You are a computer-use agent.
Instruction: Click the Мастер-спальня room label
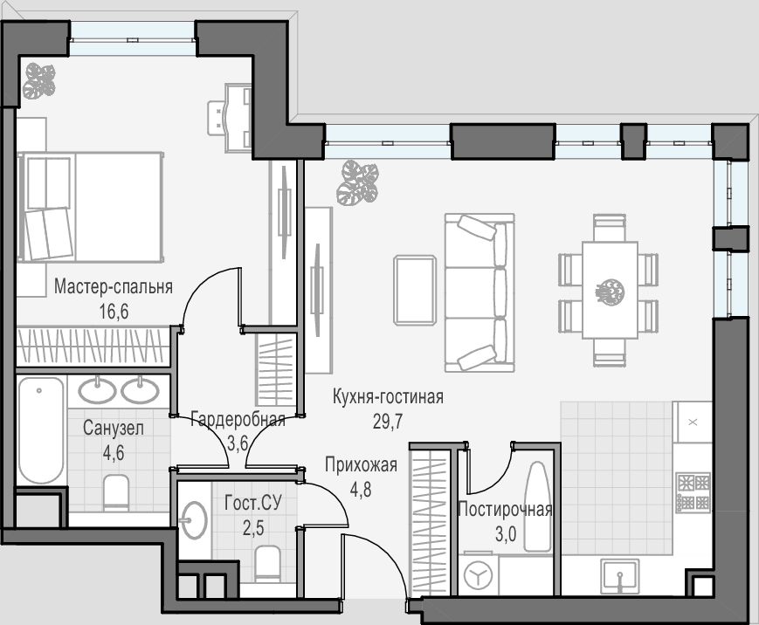(114, 286)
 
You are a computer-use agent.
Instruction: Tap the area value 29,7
(387, 422)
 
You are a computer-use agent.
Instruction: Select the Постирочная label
(505, 510)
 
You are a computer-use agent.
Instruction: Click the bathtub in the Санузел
(41, 430)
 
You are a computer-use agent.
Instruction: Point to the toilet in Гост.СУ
(267, 564)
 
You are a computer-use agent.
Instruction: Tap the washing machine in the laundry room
(479, 574)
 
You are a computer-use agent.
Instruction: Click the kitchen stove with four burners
(693, 493)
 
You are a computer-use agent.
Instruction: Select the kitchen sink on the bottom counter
(619, 575)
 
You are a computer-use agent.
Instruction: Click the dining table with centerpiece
(610, 290)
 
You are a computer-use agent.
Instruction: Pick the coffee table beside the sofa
(415, 290)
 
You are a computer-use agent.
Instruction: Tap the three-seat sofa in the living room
(480, 292)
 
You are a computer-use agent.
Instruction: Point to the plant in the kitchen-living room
(358, 183)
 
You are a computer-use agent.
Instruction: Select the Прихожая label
(361, 465)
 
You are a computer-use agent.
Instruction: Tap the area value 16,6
(114, 312)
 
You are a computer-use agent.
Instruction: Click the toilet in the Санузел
(117, 492)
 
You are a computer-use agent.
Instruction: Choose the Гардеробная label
(238, 419)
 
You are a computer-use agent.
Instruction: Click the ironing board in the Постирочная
(537, 506)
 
